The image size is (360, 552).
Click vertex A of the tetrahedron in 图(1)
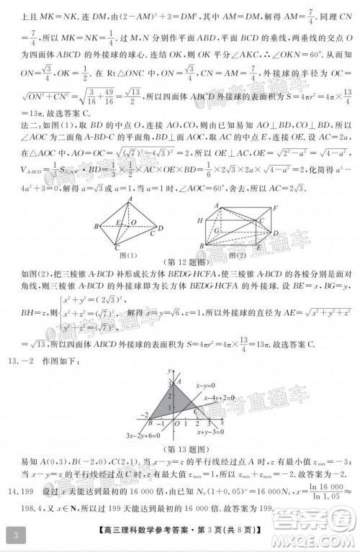tap(130, 198)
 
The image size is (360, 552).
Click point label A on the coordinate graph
tap(170, 382)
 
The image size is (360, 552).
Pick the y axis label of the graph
tap(168, 368)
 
